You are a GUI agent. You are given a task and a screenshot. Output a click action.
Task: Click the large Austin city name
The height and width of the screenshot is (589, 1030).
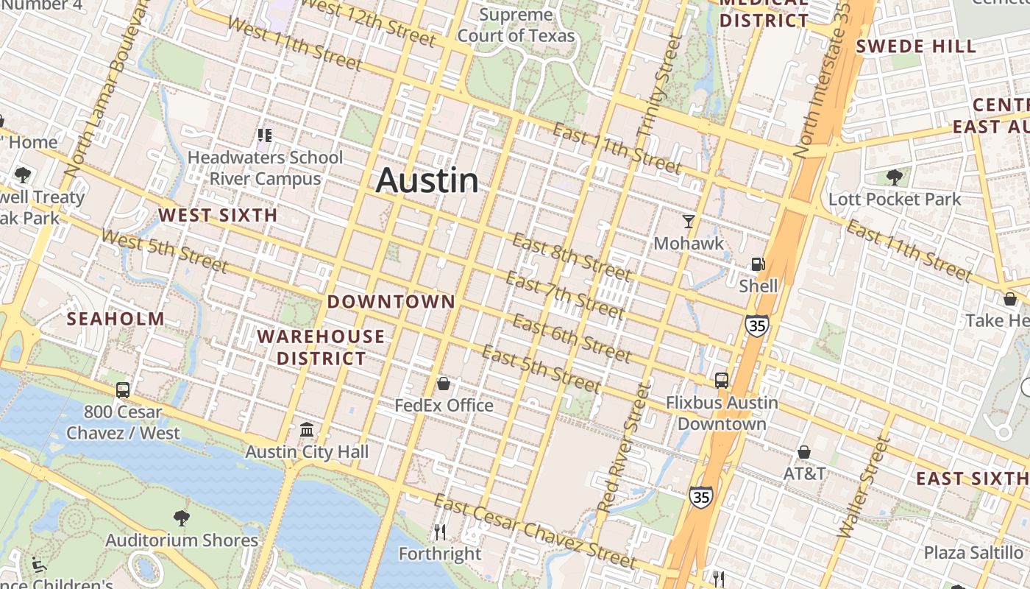(x=427, y=181)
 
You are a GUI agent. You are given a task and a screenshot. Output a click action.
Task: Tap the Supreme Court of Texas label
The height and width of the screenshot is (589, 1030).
(x=516, y=25)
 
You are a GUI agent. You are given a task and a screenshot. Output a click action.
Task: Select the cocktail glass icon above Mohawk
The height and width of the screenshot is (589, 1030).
(x=689, y=221)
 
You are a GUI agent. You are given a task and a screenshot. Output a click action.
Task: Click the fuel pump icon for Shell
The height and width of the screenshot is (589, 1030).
(x=758, y=264)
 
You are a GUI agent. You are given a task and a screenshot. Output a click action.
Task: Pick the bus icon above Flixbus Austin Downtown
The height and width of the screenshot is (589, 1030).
(x=722, y=380)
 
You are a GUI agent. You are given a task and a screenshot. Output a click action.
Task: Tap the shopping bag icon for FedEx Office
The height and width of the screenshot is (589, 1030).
(x=444, y=384)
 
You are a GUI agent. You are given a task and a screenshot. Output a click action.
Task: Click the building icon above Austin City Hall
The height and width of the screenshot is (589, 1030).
(x=307, y=429)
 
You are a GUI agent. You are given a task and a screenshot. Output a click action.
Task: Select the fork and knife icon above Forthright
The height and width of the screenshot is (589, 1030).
(x=440, y=532)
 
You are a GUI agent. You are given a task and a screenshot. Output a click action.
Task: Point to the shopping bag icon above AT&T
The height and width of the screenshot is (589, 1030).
(x=804, y=451)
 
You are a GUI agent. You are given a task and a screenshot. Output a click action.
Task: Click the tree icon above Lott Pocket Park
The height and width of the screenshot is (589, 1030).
(x=895, y=177)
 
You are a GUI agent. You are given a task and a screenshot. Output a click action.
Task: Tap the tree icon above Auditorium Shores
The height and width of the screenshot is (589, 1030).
(x=181, y=518)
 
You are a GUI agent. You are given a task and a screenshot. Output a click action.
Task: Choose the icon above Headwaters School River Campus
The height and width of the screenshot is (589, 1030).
(x=265, y=135)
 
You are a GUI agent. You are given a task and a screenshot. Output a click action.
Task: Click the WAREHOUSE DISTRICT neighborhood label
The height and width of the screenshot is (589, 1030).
(x=321, y=348)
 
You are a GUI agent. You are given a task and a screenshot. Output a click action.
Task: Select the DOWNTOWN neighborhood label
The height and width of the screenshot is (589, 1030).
(x=391, y=302)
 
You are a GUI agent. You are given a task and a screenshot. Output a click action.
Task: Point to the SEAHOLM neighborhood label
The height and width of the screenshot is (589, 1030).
(x=116, y=319)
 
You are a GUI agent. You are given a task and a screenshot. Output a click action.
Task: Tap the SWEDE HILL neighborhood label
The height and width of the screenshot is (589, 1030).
(x=916, y=46)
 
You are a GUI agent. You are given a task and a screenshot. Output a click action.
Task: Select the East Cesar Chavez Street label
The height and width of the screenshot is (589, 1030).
(x=535, y=532)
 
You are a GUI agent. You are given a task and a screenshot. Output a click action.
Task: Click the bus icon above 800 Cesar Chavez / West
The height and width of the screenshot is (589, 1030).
(x=123, y=390)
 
